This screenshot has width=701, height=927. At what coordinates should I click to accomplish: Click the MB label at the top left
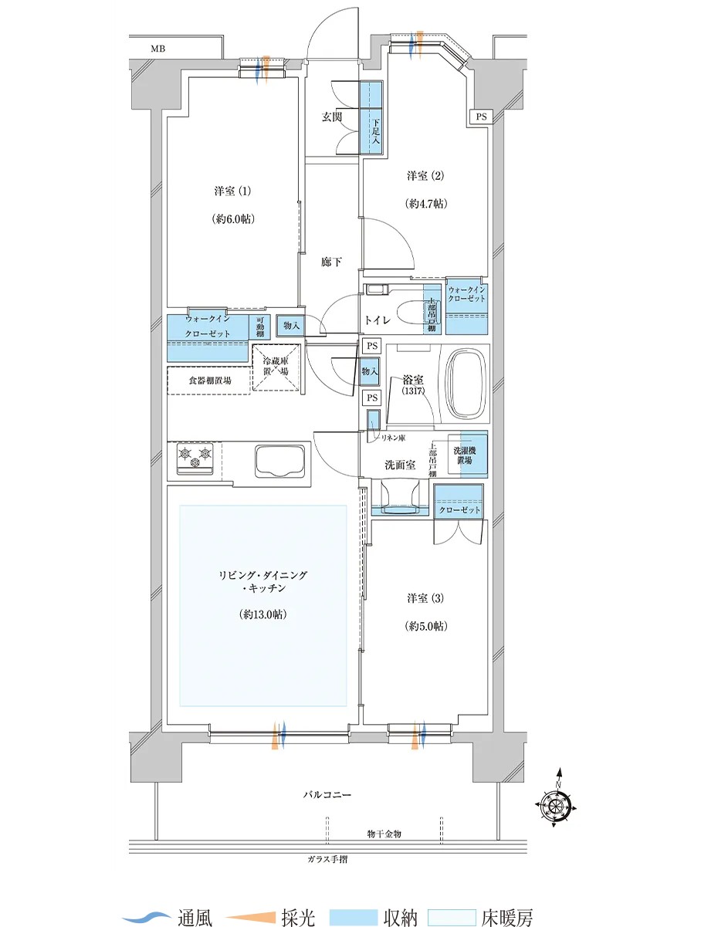[x=158, y=49]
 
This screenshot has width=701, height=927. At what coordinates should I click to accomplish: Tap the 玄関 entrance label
[x=331, y=117]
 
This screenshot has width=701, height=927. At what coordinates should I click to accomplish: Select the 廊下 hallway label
[x=331, y=262]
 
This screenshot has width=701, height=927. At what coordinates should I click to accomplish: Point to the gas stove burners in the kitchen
[x=195, y=458]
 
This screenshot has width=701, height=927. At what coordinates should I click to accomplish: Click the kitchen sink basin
[x=279, y=460]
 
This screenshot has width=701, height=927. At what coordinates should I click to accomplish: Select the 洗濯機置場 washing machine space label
[x=464, y=455]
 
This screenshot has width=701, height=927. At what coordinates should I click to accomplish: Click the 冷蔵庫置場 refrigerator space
[x=276, y=367]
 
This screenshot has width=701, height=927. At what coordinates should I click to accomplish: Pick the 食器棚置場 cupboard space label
[x=210, y=381]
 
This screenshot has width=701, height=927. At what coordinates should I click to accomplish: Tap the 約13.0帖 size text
[x=262, y=614]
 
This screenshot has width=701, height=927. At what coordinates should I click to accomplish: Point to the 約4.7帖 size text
[x=426, y=204]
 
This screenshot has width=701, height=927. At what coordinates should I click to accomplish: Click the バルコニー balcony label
[x=327, y=795]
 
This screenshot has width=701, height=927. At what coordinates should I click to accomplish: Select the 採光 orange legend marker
[x=250, y=904]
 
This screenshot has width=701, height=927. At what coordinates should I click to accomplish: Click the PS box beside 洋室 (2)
[x=482, y=117]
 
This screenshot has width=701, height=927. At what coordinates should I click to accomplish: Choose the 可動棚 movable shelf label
[x=260, y=326]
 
